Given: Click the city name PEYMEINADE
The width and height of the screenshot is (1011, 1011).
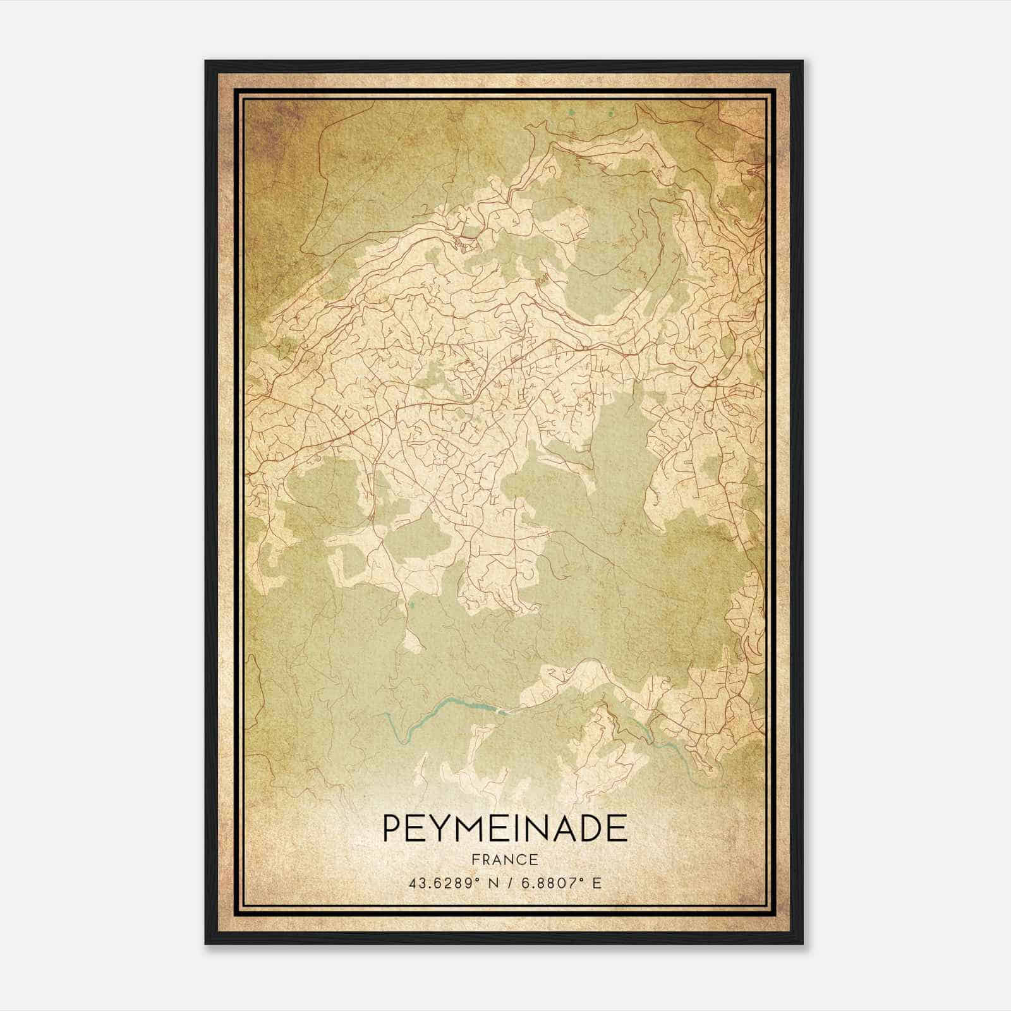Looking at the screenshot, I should tap(505, 828).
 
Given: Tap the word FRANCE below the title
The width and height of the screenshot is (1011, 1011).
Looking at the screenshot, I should tap(504, 859).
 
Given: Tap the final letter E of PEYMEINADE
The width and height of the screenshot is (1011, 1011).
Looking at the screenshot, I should tap(617, 828).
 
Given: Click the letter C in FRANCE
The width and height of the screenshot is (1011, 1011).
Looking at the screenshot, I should tap(521, 859).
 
